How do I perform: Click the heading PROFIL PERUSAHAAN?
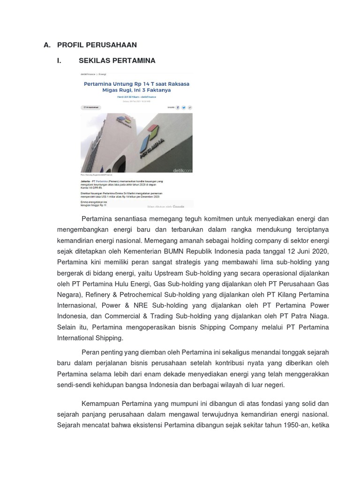97,45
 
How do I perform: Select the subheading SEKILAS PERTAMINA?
117,60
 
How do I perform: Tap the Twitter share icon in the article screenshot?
184,107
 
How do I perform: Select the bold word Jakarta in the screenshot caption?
87,180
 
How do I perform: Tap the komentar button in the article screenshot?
91,107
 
